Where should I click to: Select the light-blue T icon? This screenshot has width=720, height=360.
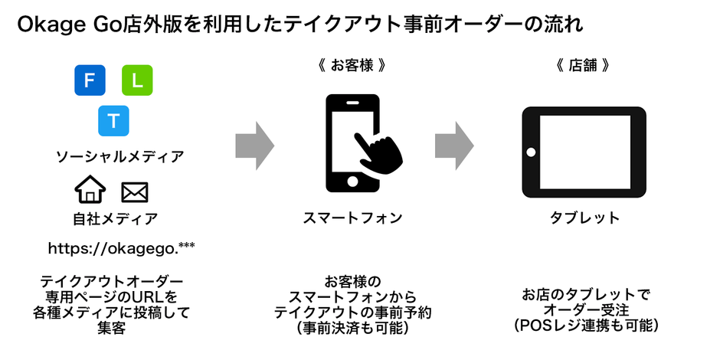(113, 120)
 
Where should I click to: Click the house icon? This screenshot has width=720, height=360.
(90, 189)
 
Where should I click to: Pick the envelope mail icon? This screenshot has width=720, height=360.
(135, 191)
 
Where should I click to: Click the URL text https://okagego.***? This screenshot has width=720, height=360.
(122, 247)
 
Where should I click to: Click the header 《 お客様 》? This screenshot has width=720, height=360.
(351, 66)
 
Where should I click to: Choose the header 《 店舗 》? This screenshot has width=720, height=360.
(583, 66)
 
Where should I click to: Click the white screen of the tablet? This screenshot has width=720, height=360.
(584, 150)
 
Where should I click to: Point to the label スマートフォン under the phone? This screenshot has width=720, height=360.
(352, 218)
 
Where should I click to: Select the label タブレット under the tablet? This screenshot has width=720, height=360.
(584, 218)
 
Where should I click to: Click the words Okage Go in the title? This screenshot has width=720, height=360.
(66, 25)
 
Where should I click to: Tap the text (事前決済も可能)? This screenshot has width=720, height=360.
(352, 329)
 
